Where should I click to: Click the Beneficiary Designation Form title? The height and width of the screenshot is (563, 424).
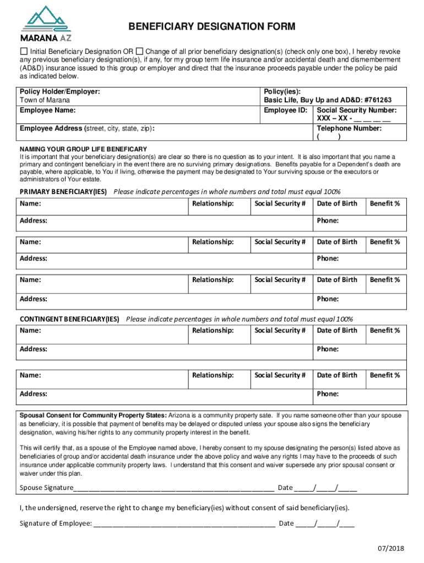click(212, 27)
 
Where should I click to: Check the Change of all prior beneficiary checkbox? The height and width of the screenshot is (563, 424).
click(139, 51)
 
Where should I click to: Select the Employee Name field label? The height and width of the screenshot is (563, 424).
click(47, 110)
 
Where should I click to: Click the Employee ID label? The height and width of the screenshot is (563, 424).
click(285, 110)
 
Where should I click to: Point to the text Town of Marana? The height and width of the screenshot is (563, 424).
click(45, 100)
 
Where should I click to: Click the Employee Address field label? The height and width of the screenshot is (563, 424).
click(87, 129)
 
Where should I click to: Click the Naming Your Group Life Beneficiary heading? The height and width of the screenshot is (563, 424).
click(83, 149)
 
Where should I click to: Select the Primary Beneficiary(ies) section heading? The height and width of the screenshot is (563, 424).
click(63, 192)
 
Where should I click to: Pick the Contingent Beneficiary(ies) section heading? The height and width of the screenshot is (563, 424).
click(69, 319)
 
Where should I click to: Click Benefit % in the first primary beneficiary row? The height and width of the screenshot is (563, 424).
click(385, 204)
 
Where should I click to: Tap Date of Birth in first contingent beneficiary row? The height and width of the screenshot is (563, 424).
click(337, 330)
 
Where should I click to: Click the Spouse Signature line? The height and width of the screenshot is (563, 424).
click(174, 488)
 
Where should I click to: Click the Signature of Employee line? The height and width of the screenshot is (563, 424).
click(184, 523)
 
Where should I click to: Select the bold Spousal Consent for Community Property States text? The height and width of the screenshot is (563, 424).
click(93, 415)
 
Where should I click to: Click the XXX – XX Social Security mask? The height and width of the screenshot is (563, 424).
click(354, 119)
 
